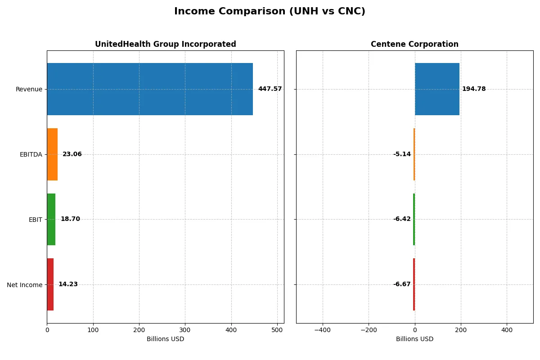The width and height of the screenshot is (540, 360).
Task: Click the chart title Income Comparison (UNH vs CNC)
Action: (270, 12)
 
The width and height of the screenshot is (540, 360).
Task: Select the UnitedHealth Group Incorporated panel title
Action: (165, 44)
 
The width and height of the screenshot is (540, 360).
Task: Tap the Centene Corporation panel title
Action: (414, 44)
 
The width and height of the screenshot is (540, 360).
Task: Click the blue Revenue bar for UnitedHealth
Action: (150, 89)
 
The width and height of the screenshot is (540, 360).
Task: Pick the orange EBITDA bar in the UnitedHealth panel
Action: (52, 154)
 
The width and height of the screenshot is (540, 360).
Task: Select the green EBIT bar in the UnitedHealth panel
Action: (51, 220)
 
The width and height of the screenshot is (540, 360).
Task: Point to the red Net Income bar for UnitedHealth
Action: (50, 284)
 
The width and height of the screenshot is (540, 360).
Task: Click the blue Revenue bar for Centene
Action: (437, 89)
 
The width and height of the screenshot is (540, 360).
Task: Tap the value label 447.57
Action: (270, 89)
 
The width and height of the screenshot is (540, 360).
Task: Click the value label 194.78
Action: (474, 89)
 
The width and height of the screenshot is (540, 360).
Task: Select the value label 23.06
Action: (72, 154)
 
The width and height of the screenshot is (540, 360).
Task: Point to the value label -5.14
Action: (402, 154)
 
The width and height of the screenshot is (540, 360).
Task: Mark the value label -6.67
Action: (402, 284)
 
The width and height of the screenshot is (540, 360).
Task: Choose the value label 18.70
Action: (70, 220)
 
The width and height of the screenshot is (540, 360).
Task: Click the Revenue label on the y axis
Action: (29, 89)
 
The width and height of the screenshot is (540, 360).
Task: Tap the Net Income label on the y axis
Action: (24, 285)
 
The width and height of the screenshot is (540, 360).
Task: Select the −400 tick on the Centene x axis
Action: (322, 330)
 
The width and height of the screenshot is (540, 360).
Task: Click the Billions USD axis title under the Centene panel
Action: (414, 339)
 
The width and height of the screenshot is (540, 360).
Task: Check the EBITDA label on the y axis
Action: (31, 154)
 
